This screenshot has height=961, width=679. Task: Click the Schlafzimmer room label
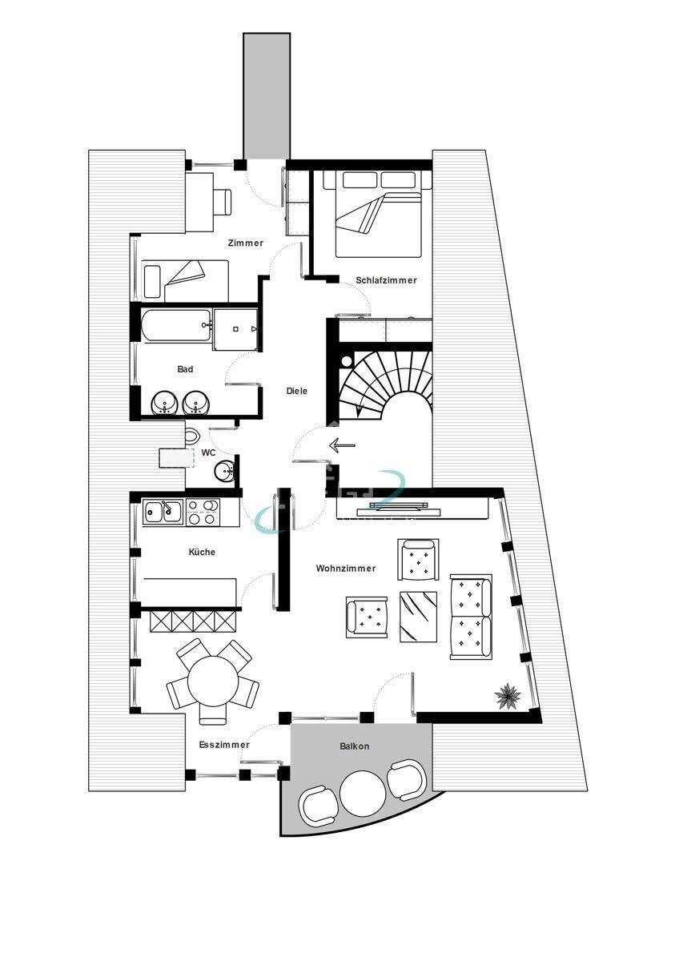click(386, 280)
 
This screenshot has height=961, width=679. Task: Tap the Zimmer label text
click(245, 243)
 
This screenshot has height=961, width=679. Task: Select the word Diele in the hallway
click(297, 391)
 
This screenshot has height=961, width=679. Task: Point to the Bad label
click(186, 369)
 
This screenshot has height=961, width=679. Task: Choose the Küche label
click(202, 552)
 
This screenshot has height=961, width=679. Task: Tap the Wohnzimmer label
click(346, 569)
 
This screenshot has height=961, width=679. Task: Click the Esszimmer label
click(224, 745)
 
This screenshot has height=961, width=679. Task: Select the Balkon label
click(355, 746)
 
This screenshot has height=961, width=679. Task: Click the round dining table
click(214, 680)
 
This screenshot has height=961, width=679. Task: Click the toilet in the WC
click(192, 437)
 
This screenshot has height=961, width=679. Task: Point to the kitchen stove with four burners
click(203, 512)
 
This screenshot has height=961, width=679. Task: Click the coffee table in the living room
click(418, 616)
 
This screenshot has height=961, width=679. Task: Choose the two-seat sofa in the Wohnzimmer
click(470, 616)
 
